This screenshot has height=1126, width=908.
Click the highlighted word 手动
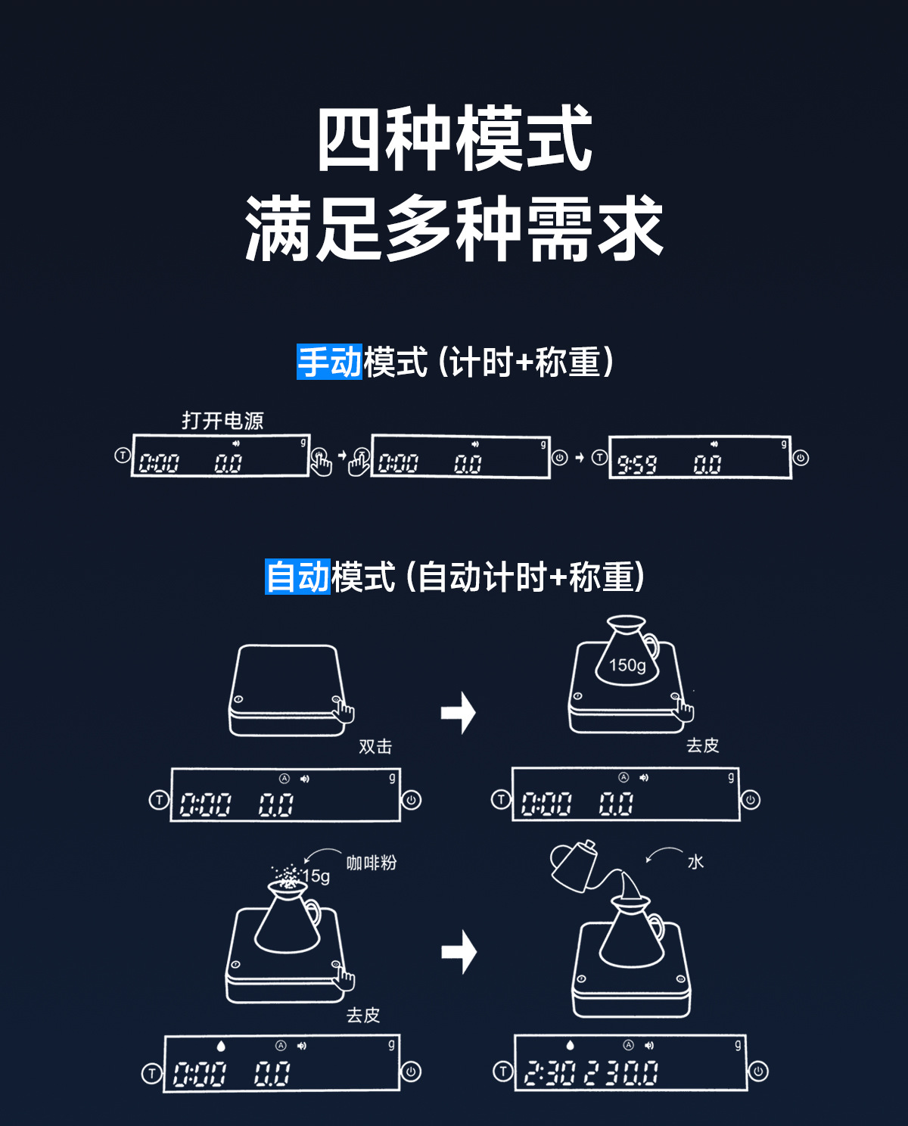click(329, 362)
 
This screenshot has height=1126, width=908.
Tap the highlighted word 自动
click(297, 577)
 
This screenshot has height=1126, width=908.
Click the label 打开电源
click(222, 421)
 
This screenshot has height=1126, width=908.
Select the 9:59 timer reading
click(636, 464)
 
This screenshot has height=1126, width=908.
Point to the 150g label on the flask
click(627, 665)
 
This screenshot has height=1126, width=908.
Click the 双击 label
click(375, 746)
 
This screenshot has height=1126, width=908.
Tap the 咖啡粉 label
click(371, 863)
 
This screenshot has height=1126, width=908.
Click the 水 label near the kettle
click(695, 862)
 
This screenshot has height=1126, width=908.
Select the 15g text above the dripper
click(316, 876)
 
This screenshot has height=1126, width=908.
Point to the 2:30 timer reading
click(549, 1073)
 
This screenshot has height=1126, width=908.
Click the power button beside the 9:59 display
click(801, 458)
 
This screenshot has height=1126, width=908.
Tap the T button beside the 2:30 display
click(502, 1071)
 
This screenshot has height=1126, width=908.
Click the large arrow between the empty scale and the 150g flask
click(459, 712)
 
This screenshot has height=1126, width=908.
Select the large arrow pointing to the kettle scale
click(459, 951)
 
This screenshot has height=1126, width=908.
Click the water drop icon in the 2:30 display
click(571, 1045)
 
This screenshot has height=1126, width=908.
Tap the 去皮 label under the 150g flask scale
click(702, 745)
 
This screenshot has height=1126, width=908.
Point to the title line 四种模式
click(454, 140)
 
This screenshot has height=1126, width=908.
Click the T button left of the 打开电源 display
click(122, 456)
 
